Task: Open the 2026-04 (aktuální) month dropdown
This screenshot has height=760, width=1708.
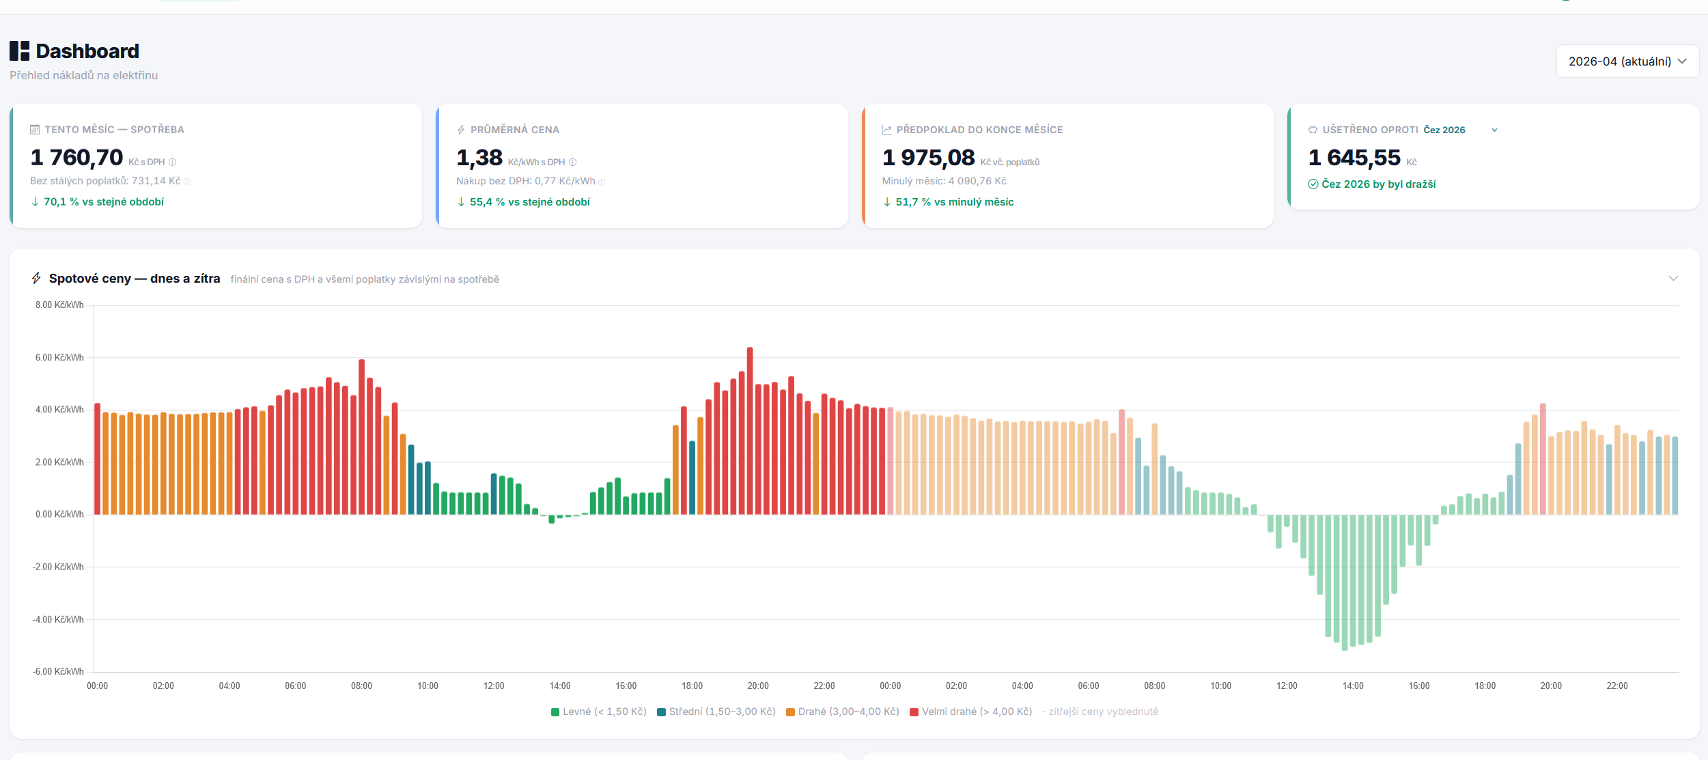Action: (x=1627, y=61)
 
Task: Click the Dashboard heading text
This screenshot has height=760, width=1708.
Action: (x=87, y=51)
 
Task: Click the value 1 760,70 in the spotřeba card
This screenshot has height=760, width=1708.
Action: (x=76, y=158)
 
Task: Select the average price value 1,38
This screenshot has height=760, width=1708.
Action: (x=479, y=158)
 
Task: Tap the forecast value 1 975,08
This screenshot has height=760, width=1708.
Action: (x=928, y=158)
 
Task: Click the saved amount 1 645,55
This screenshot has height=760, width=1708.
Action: (x=1354, y=158)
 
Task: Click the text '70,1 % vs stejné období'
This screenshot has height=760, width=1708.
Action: (x=103, y=202)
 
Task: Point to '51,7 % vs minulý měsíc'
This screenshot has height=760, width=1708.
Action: (x=954, y=202)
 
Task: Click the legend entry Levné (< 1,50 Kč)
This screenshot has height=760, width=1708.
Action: (x=599, y=712)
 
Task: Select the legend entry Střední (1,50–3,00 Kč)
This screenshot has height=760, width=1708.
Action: (x=716, y=712)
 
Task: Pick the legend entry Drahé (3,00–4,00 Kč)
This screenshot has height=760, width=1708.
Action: (x=843, y=712)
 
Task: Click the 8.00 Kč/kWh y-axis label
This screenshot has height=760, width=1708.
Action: (x=59, y=305)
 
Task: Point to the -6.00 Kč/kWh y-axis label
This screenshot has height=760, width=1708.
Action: (x=58, y=671)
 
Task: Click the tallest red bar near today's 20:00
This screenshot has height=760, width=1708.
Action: (x=750, y=430)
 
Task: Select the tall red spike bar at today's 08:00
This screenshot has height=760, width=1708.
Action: (x=361, y=437)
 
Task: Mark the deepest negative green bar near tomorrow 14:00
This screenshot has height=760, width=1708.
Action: (x=1345, y=580)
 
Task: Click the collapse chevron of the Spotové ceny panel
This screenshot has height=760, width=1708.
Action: (x=1673, y=279)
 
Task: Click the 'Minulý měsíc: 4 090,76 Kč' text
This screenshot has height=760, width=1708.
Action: (x=944, y=181)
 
